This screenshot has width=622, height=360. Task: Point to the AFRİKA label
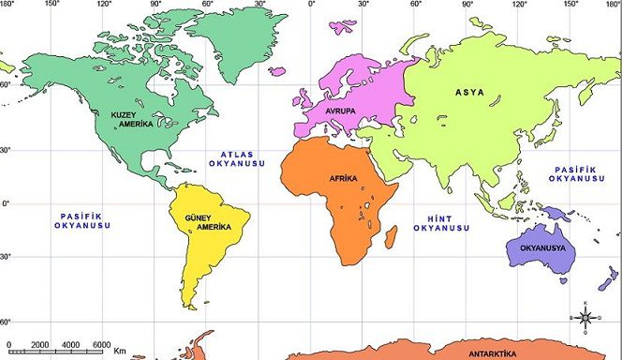pos(344,178)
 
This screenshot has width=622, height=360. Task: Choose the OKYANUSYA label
pos(538,247)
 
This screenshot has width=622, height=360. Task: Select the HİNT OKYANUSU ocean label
pos(440,222)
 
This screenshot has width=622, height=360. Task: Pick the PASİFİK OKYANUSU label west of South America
pos(83,221)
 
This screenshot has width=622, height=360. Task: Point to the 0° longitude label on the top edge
pos(312,5)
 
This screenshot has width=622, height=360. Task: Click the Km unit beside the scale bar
pos(120,350)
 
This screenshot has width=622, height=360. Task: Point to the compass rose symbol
pos(585,319)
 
